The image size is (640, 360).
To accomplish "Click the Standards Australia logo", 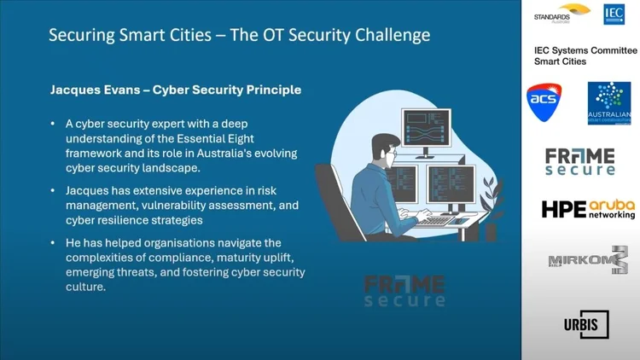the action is click(x=561, y=14).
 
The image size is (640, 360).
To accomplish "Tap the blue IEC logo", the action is click(x=614, y=15).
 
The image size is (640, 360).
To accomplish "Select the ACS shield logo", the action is click(x=544, y=102).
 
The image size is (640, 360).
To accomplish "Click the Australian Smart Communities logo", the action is click(x=609, y=103).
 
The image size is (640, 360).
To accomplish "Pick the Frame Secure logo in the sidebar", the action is click(x=580, y=162).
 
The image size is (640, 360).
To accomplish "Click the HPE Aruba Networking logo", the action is click(x=588, y=209).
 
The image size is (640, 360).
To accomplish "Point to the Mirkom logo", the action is click(x=588, y=260).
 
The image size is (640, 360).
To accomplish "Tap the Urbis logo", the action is click(x=586, y=325).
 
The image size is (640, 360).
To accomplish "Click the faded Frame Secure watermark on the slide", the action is click(x=404, y=291).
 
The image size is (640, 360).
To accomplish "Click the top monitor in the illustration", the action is click(x=426, y=128).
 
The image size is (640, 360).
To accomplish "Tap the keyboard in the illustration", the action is click(x=435, y=221).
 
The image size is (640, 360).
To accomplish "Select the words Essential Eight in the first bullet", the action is click(x=215, y=139).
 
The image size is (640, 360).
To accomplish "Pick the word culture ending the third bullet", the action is click(x=85, y=287).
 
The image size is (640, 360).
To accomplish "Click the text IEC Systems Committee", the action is click(x=585, y=50).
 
